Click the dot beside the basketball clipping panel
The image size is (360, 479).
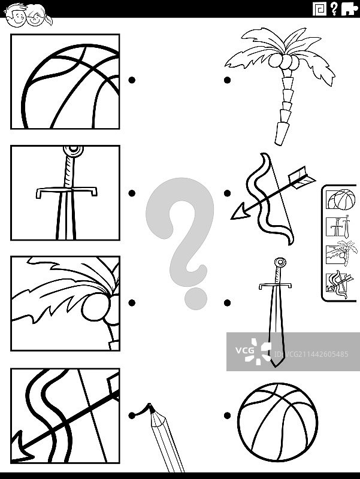(x=132, y=80)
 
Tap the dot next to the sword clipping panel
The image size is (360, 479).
(x=132, y=193)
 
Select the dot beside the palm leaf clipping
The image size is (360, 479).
(x=132, y=303)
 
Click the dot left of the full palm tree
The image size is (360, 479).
(x=227, y=80)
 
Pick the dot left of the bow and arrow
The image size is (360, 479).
(x=227, y=193)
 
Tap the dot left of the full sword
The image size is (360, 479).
(x=227, y=303)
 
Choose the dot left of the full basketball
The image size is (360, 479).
(x=227, y=416)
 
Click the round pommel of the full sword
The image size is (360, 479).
(x=280, y=262)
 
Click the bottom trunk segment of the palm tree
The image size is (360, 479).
(x=282, y=134)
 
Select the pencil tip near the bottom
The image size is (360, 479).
(x=151, y=408)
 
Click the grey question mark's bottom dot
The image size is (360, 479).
(x=196, y=298)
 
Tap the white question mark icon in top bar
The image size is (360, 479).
(x=334, y=8)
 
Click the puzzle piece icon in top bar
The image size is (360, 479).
(x=349, y=8)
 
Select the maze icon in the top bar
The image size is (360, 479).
(x=319, y=8)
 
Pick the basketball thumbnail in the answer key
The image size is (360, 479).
(x=341, y=199)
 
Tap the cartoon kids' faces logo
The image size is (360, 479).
(x=28, y=16)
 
